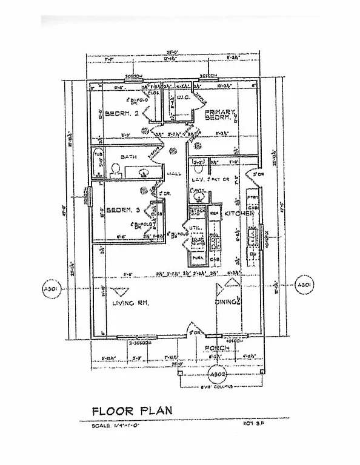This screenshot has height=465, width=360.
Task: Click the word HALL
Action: click(175, 174)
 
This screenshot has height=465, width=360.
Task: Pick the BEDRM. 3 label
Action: click(124, 210)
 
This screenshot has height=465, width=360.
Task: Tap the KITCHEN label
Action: click(238, 214)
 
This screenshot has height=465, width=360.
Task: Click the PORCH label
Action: click(216, 348)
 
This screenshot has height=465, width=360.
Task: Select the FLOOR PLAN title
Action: click(132, 410)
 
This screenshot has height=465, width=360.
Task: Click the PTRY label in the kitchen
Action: click(253, 197)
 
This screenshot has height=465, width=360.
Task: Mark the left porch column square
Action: click(180, 373)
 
